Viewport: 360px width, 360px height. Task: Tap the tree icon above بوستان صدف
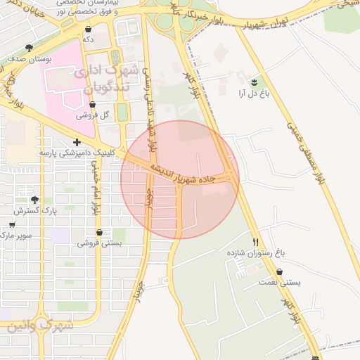(x=29, y=48)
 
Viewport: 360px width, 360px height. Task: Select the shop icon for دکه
(x=88, y=30)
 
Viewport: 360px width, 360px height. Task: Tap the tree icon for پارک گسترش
(x=34, y=200)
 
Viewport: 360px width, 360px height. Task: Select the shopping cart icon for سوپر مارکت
(x=12, y=225)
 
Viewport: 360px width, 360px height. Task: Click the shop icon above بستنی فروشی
(x=99, y=233)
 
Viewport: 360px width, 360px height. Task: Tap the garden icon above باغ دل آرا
(x=255, y=82)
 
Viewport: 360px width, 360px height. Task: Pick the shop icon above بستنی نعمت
(x=281, y=271)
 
